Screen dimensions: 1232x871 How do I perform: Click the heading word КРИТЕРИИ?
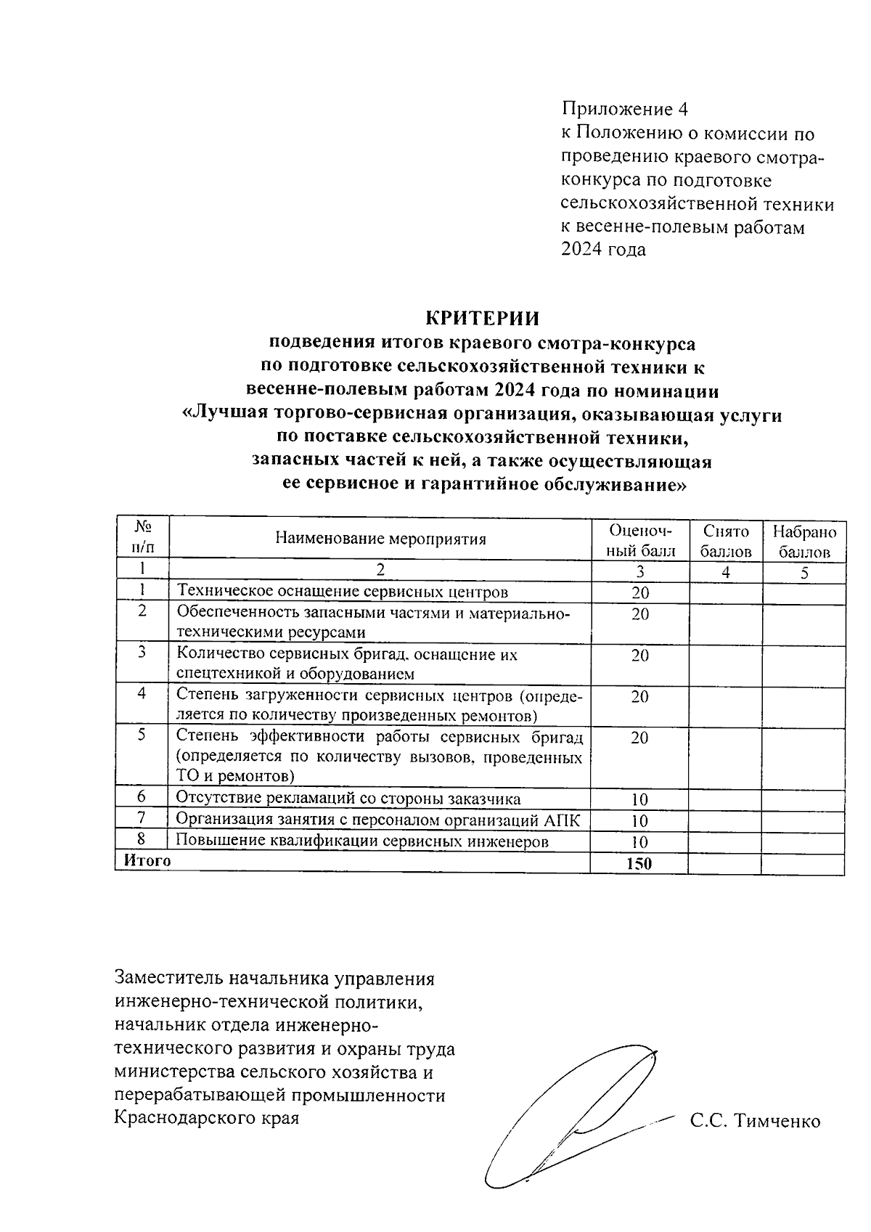[482, 319]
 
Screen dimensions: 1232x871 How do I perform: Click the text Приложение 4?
[624, 110]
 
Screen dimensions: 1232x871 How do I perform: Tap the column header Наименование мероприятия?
[380, 539]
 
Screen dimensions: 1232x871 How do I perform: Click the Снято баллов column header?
[725, 541]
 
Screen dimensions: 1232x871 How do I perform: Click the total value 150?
[639, 863]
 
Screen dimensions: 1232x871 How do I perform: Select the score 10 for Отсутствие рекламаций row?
[639, 800]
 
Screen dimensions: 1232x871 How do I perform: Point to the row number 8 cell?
[142, 840]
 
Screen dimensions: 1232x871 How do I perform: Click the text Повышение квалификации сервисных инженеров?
[362, 841]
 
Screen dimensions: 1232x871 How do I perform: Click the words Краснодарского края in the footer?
[207, 1117]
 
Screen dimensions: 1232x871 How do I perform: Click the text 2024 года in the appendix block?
[603, 250]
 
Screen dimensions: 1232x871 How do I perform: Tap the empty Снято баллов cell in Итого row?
[724, 863]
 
